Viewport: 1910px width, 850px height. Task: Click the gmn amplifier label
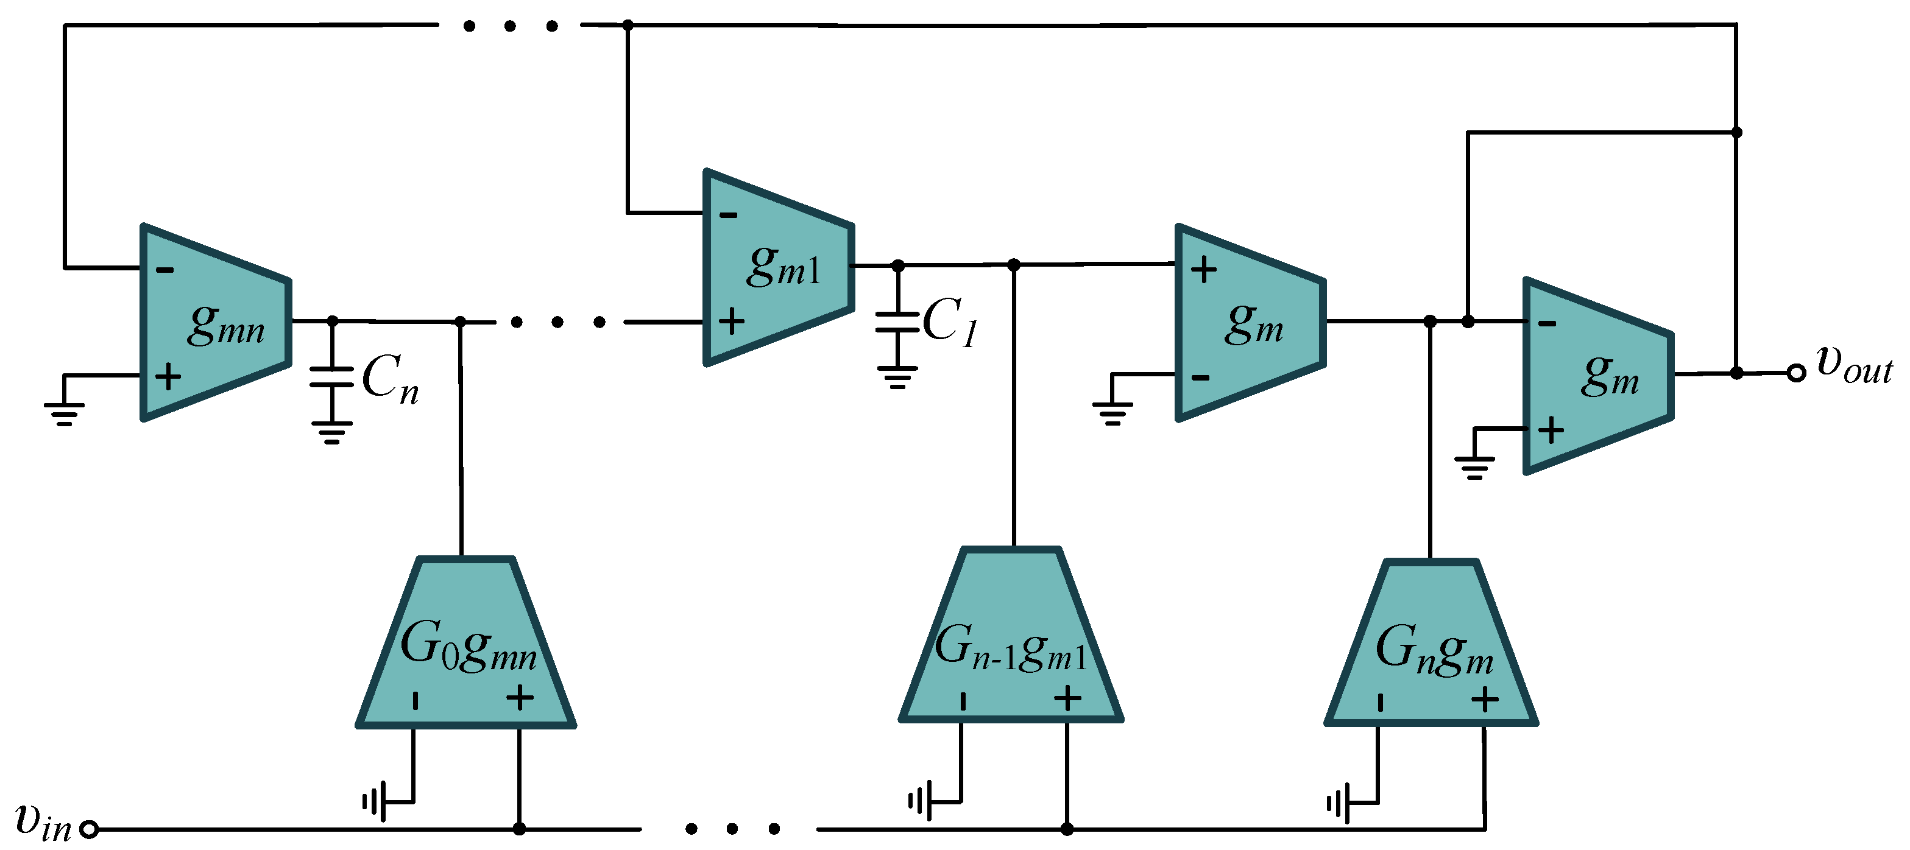226,326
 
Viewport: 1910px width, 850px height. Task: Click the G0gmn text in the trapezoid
468,648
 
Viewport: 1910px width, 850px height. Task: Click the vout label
1854,365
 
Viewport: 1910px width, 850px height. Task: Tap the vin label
43,822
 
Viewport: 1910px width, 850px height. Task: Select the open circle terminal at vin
89,829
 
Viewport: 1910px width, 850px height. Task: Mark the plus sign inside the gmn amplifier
168,376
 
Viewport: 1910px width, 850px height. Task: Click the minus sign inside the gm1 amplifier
729,216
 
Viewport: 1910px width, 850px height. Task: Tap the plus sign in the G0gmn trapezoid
520,697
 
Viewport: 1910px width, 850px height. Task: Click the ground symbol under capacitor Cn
331,432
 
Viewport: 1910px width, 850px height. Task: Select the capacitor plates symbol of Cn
331,376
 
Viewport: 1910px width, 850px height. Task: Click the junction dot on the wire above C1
898,265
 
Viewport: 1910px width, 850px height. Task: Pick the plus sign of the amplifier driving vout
1551,430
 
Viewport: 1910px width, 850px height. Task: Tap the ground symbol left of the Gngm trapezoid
1339,803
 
